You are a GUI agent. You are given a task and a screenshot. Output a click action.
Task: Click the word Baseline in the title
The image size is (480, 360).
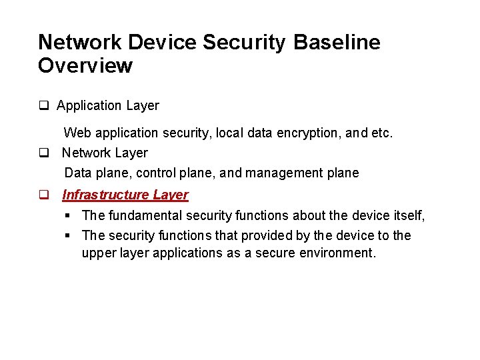click(x=337, y=42)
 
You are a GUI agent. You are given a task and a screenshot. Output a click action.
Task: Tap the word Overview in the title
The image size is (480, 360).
click(x=85, y=65)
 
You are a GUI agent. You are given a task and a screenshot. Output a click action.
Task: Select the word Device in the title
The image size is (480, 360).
click(x=161, y=42)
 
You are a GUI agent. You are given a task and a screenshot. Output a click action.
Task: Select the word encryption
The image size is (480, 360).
click(x=309, y=133)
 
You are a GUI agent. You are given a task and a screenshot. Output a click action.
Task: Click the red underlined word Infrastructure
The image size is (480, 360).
click(x=105, y=195)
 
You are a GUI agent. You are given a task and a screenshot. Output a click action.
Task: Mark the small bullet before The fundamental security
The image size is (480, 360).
click(x=69, y=215)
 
